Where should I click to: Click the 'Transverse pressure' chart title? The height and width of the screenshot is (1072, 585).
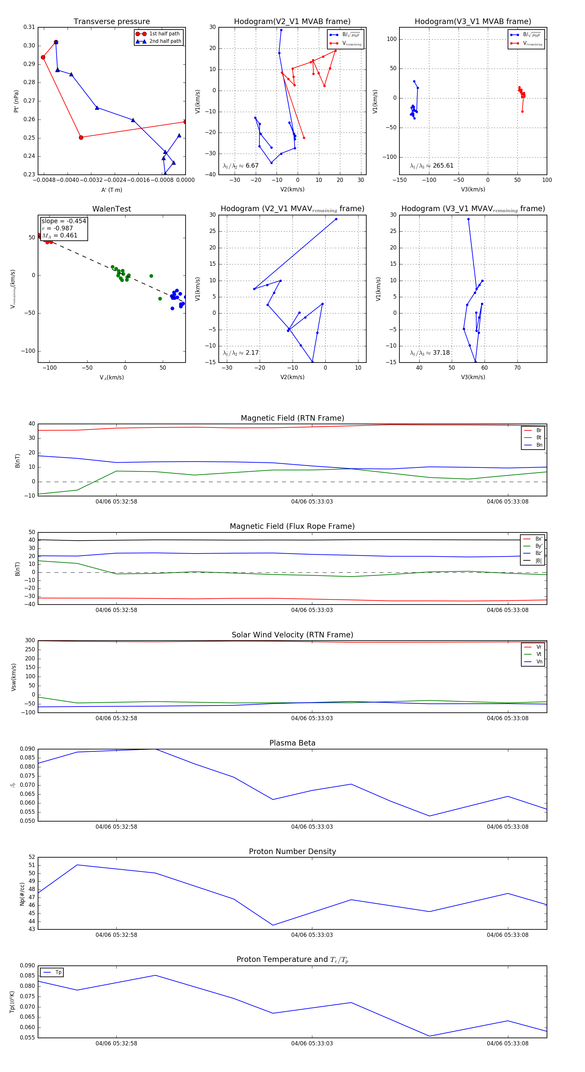pyautogui.click(x=111, y=22)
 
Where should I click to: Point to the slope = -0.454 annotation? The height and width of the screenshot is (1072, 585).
pyautogui.click(x=63, y=221)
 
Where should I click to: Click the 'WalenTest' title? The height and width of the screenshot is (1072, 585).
pyautogui.click(x=111, y=209)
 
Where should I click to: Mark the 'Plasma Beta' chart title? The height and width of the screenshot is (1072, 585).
pyautogui.click(x=292, y=743)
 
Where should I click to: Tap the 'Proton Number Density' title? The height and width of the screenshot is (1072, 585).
pyautogui.click(x=292, y=851)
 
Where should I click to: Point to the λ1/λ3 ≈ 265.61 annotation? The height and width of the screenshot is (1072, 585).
pyautogui.click(x=432, y=166)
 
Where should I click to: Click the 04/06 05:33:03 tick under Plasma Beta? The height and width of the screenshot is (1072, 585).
pyautogui.click(x=312, y=826)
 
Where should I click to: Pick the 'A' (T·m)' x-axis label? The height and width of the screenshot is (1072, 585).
pyautogui.click(x=111, y=190)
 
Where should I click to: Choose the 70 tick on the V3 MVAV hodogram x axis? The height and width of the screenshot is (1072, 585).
pyautogui.click(x=517, y=368)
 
